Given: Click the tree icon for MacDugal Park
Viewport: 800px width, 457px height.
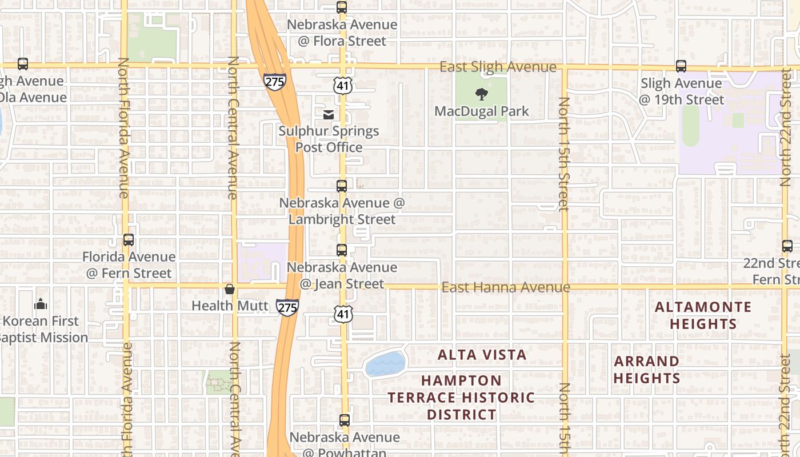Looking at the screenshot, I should tap(482, 94).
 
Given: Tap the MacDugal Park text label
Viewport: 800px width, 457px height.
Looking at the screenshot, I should tap(482, 111).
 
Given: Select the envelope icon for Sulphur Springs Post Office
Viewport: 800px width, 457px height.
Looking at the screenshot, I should tap(329, 115).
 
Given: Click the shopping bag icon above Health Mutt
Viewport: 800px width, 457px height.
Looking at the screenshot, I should tap(230, 289).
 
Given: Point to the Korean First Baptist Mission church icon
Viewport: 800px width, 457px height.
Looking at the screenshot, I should tap(41, 304).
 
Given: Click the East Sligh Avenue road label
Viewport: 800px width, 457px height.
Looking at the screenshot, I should tap(497, 67).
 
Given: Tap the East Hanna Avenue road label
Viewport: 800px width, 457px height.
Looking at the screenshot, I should tap(505, 287).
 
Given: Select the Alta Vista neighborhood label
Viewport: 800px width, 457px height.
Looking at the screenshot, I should tap(482, 355).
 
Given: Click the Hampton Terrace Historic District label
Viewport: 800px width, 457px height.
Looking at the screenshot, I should tap(461, 397).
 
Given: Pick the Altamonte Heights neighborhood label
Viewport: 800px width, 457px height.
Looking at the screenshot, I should tap(703, 315).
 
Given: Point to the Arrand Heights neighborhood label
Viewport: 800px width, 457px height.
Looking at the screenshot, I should tap(647, 370).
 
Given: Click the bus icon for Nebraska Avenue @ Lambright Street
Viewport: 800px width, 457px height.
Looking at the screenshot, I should tap(342, 186).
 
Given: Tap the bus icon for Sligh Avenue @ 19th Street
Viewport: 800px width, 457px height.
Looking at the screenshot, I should tap(681, 66).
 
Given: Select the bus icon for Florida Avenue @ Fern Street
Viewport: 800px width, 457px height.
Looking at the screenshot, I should tap(129, 240).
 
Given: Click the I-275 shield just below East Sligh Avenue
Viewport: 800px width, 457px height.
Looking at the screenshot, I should tap(275, 82).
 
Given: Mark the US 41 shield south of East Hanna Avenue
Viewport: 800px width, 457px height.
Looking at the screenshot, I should tap(343, 314).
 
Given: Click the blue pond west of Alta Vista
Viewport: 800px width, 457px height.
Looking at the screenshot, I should tap(385, 364).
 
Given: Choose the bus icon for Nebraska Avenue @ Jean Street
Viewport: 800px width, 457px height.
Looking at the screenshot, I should tap(342, 250).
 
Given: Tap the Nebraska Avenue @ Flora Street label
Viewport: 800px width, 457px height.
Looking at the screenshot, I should tap(342, 33).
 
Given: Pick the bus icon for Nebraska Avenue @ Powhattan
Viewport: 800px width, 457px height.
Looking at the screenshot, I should tap(344, 420).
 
